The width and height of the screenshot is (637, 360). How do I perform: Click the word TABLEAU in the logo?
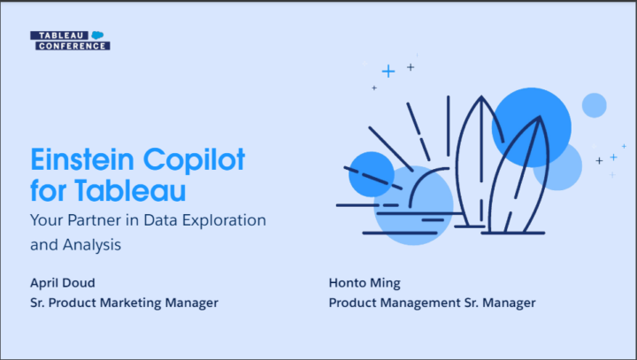(60, 35)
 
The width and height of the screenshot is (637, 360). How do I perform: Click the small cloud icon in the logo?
(98, 35)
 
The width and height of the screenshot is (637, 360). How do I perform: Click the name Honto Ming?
(364, 283)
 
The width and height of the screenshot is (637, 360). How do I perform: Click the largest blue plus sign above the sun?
(388, 71)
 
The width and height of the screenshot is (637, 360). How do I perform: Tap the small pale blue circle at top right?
(594, 105)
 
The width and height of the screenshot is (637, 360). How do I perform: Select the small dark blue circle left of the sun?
(371, 173)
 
